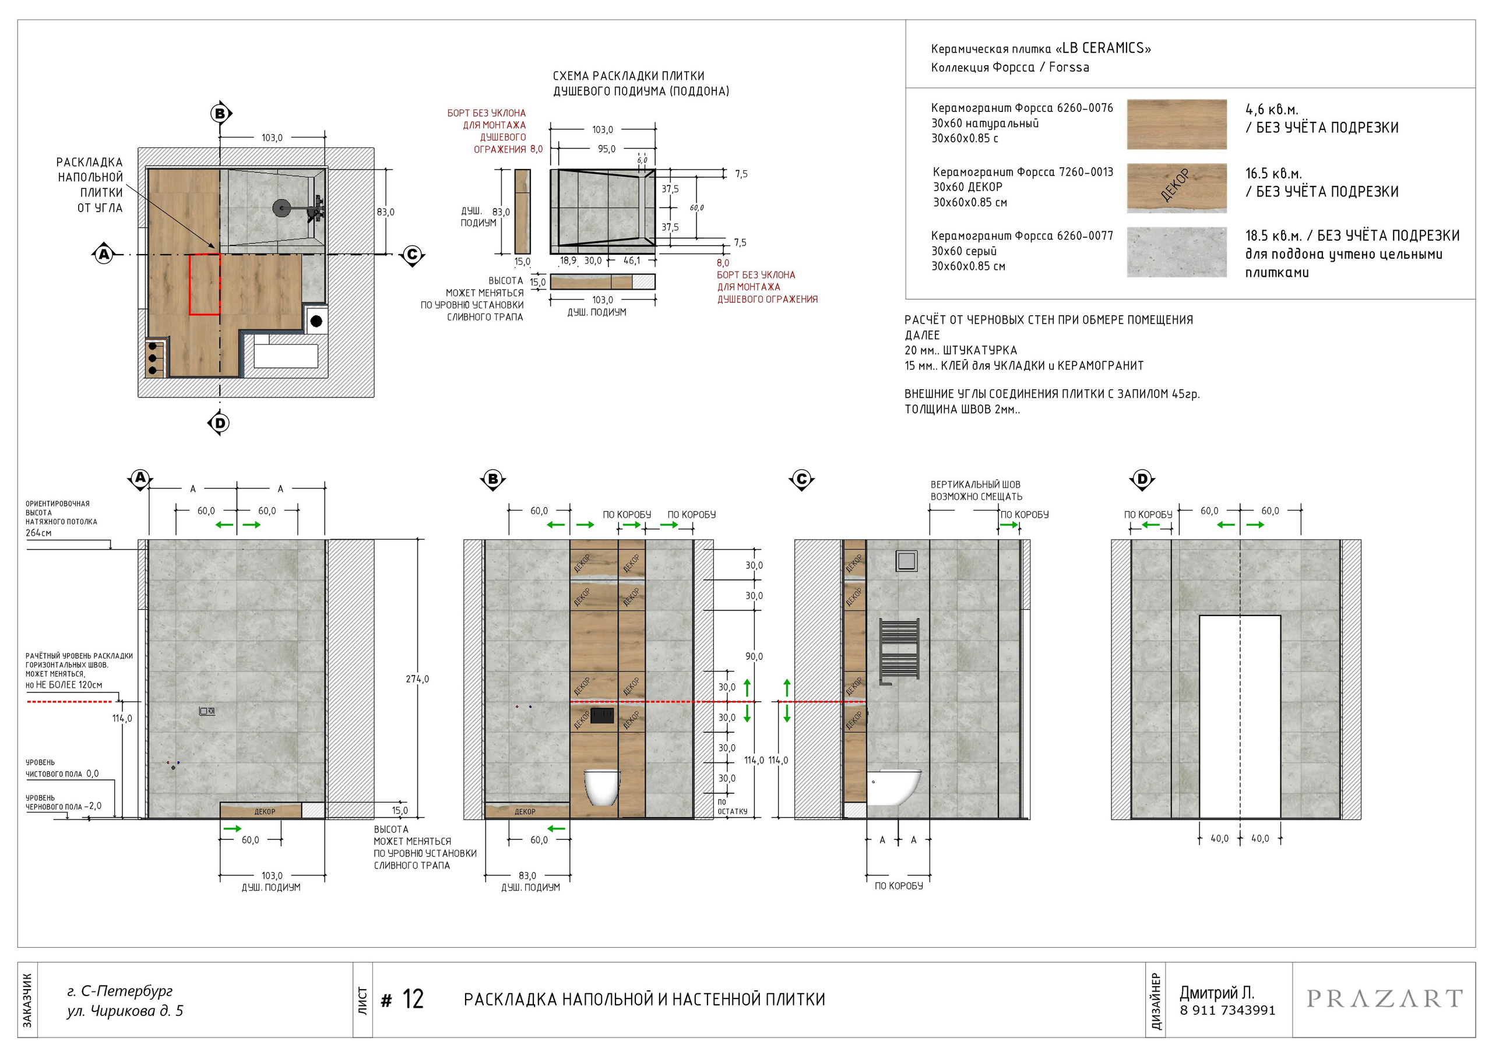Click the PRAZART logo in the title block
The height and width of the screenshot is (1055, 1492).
click(x=1385, y=998)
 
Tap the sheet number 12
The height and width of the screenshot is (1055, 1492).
click(x=413, y=999)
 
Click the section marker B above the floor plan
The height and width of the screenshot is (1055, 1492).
click(x=220, y=114)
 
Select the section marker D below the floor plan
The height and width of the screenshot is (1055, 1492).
click(x=220, y=423)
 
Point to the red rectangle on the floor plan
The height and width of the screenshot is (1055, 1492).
click(x=205, y=284)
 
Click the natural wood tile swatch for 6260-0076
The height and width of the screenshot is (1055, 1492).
click(x=1177, y=124)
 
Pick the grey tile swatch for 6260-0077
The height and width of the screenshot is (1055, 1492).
click(x=1177, y=252)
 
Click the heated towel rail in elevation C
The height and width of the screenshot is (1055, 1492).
click(x=899, y=650)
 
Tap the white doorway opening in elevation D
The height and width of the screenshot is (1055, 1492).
click(x=1240, y=716)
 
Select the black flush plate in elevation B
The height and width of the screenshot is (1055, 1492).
click(x=603, y=716)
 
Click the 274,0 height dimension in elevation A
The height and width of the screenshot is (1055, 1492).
click(x=417, y=678)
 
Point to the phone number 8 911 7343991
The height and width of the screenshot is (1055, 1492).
click(x=1227, y=1010)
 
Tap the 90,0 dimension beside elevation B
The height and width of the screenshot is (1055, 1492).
click(x=754, y=656)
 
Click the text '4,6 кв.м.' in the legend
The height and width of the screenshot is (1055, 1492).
click(x=1272, y=109)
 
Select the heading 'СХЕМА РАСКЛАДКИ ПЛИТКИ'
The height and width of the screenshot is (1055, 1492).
click(x=628, y=76)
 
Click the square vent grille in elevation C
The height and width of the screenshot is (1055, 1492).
click(x=906, y=560)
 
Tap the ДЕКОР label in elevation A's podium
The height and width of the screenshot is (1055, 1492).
click(x=265, y=811)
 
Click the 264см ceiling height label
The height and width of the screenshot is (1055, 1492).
click(x=38, y=533)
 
